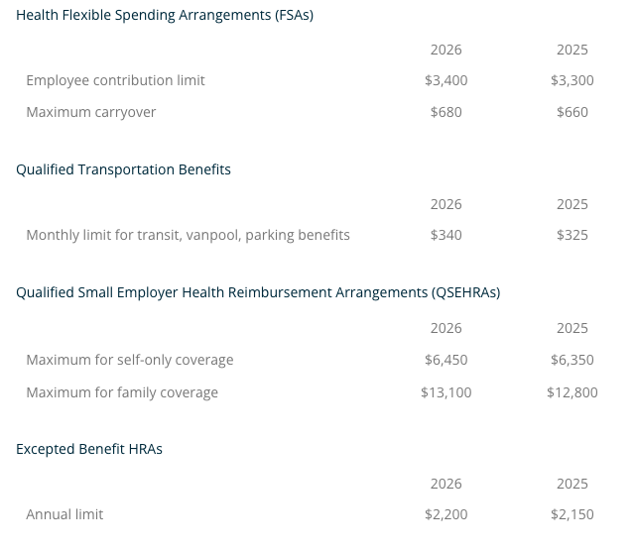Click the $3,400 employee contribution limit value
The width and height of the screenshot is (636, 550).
445,80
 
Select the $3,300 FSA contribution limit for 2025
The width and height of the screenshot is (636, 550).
572,80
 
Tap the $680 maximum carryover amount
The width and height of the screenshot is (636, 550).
445,112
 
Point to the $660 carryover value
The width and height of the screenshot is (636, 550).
572,112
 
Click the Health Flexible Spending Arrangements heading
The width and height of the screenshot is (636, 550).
165,15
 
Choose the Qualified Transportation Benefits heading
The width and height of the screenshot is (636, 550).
123,169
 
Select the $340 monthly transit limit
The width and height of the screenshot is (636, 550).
445,235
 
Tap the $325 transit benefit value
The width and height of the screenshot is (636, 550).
572,235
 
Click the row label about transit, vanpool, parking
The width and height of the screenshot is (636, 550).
188,235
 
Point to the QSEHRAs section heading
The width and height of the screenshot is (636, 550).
258,292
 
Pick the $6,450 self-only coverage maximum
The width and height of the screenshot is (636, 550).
445,360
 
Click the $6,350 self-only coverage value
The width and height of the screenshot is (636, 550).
572,360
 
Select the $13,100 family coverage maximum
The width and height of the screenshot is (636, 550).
445,392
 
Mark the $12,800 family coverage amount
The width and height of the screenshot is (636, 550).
572,392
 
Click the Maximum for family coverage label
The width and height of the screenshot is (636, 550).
122,392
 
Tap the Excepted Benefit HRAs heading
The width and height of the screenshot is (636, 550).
89,449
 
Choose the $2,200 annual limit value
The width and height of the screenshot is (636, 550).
445,514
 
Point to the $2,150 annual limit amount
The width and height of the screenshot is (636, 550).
572,514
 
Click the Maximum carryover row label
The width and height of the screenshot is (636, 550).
91,112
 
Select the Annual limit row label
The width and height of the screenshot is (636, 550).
64,514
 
